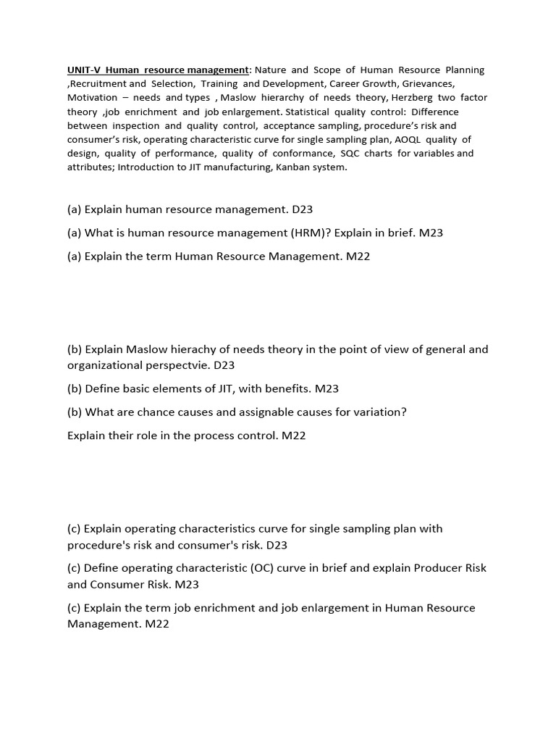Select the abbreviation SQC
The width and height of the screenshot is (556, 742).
pos(350,153)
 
